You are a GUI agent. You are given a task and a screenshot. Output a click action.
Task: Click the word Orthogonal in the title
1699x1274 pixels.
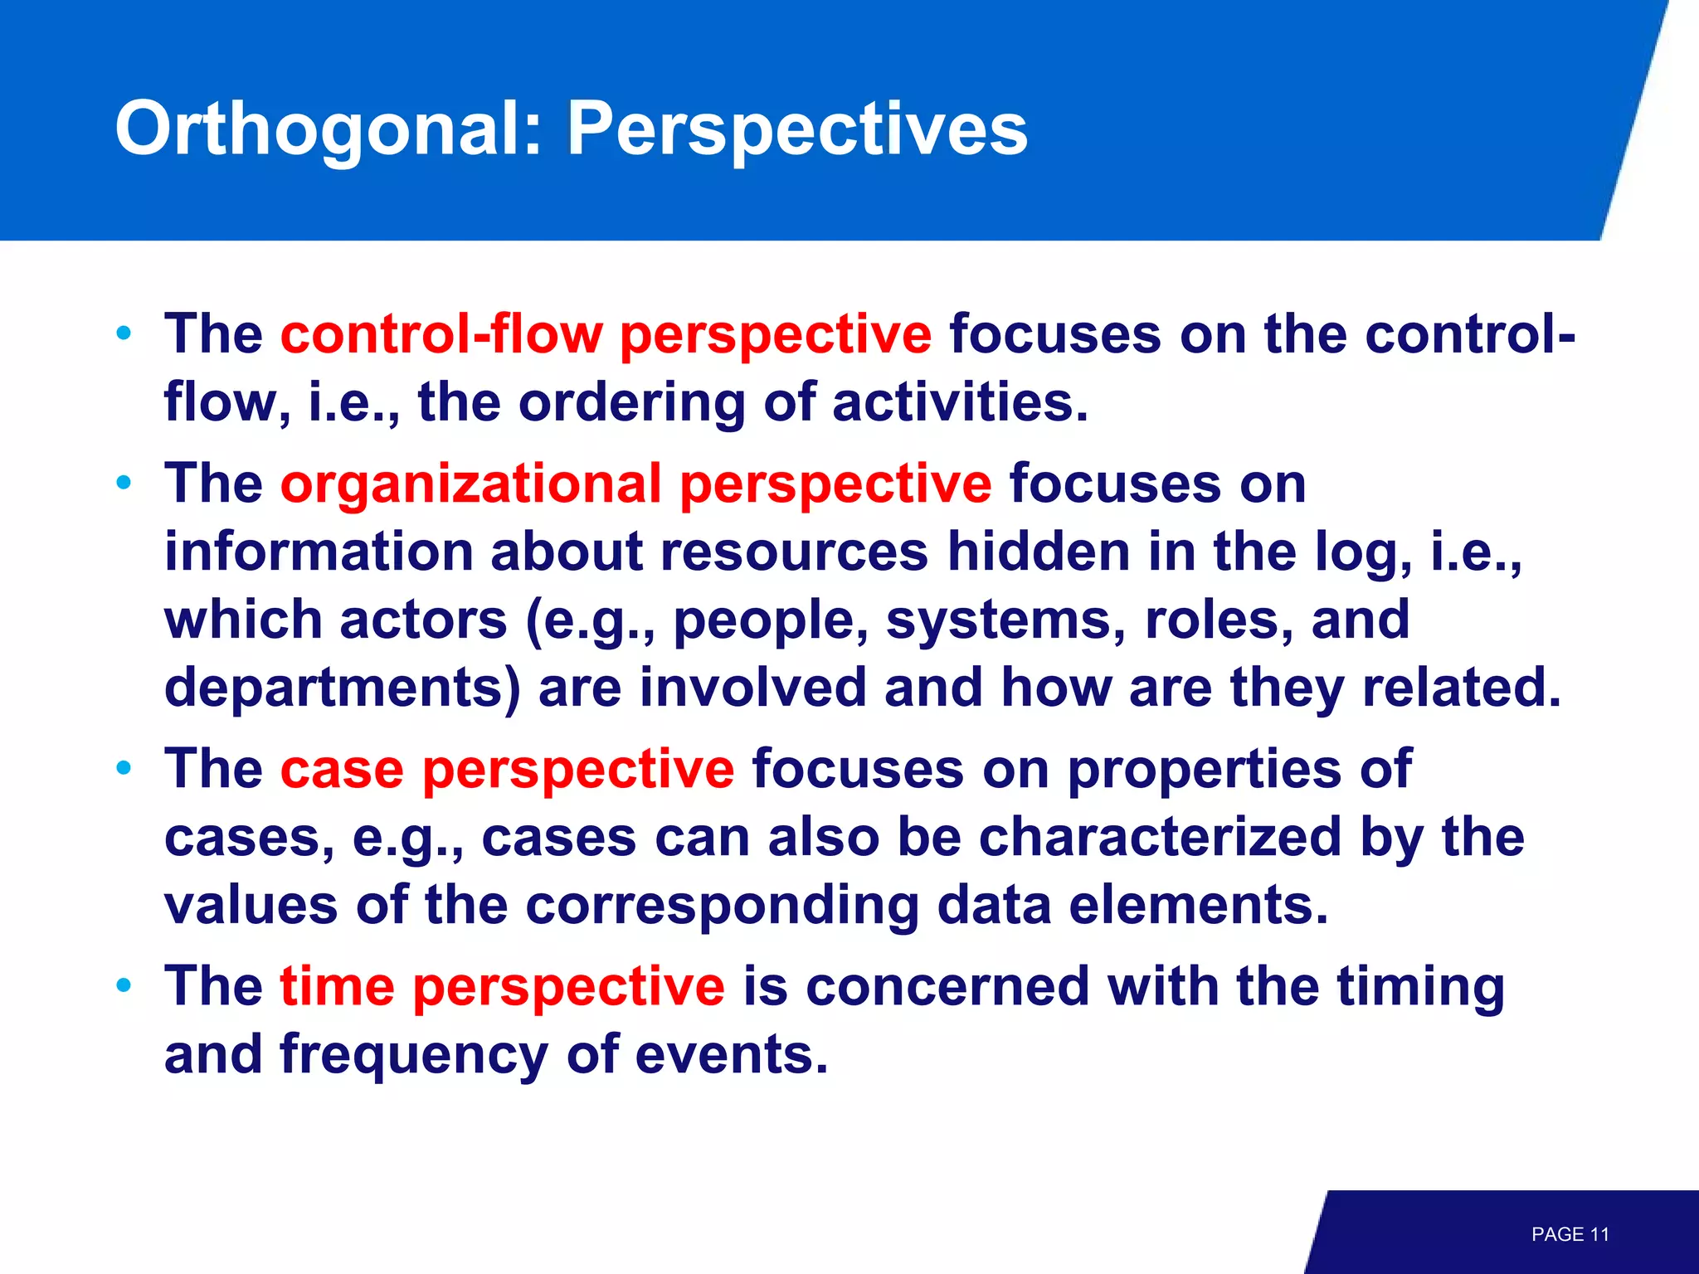[x=328, y=129]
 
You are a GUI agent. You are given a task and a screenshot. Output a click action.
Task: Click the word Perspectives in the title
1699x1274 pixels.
[x=796, y=129]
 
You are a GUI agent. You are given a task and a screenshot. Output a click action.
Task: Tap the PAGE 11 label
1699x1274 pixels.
[x=1570, y=1234]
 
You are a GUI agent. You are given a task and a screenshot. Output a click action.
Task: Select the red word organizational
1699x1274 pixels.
[x=470, y=484]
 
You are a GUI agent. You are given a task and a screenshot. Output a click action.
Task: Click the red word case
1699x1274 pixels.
[x=342, y=769]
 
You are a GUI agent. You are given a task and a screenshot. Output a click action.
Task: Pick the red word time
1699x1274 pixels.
[x=337, y=986]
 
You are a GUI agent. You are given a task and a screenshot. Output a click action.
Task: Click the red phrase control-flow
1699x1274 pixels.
[x=441, y=334]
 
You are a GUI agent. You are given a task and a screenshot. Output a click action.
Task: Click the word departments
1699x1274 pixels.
[x=343, y=688]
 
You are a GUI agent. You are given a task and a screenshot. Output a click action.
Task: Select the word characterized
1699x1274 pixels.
[x=1160, y=837]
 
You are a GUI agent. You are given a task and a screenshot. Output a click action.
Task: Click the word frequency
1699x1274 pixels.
[x=413, y=1054]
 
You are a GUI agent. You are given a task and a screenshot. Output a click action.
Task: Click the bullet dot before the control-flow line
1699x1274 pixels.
[x=124, y=334]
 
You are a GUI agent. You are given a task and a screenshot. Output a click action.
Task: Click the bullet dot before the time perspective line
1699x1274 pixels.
[x=124, y=986]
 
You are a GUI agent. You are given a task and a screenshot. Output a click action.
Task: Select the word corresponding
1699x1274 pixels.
[x=722, y=905]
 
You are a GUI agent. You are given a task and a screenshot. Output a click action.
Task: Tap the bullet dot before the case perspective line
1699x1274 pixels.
[x=124, y=769]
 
